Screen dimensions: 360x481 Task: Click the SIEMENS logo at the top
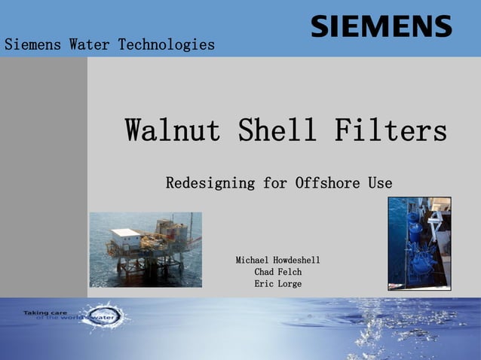381,26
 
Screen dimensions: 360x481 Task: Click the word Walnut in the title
173,130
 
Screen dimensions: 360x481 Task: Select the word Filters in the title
391,130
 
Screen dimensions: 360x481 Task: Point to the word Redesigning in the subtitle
210,183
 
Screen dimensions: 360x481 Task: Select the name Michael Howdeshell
278,260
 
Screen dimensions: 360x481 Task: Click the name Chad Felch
278,272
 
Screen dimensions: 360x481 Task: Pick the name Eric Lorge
278,284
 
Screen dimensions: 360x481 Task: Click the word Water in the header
90,44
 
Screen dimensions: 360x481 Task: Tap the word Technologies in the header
166,44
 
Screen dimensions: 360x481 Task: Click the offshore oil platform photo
146,249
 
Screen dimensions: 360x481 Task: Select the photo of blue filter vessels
419,243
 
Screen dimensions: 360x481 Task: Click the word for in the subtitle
275,183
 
